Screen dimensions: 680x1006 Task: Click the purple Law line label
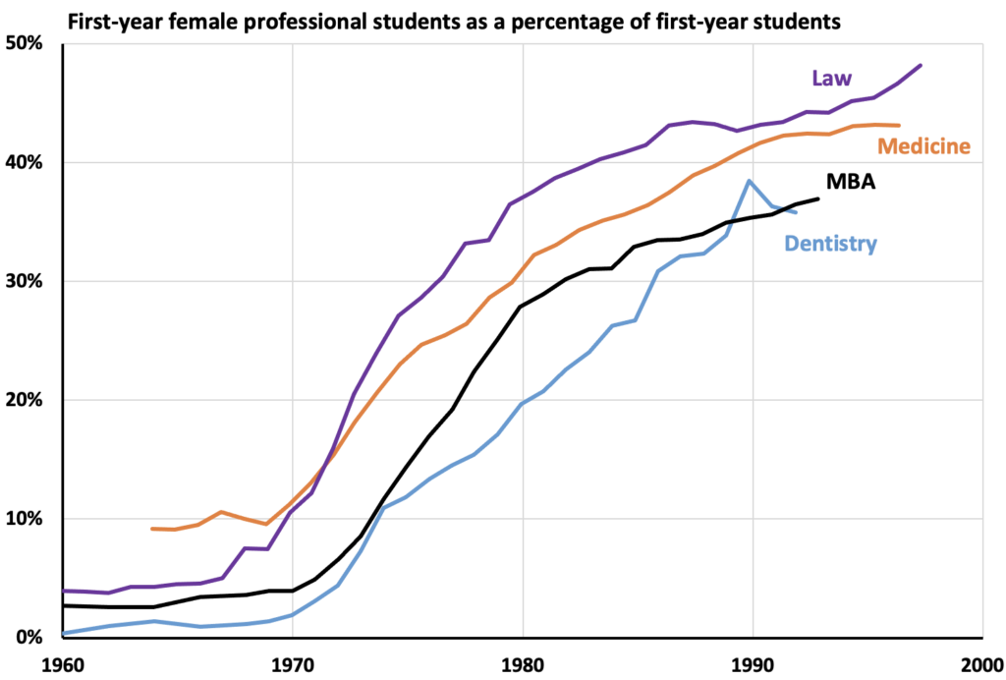tap(831, 79)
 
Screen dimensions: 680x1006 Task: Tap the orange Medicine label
tap(923, 146)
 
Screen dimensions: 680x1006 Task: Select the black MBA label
tap(852, 182)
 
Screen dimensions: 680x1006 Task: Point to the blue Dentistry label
tap(830, 244)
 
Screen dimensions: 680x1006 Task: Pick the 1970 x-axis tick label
tap(292, 664)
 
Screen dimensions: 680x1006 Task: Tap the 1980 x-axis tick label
tap(523, 664)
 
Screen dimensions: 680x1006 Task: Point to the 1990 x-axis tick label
tap(753, 664)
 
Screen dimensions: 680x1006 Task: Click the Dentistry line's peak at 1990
tap(749, 181)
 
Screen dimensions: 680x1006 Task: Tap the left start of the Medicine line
tap(152, 529)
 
